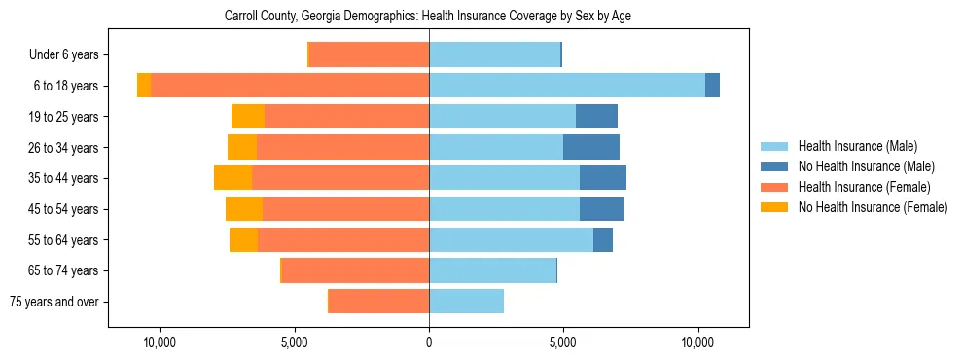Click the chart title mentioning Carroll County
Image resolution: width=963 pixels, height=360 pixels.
click(x=428, y=17)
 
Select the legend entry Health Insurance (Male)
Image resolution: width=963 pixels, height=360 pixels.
click(x=857, y=147)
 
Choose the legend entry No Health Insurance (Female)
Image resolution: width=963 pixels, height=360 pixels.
click(x=873, y=206)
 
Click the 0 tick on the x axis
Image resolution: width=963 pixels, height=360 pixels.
click(x=429, y=342)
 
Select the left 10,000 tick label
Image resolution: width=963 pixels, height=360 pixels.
click(x=159, y=342)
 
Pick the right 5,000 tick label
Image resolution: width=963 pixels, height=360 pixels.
click(x=563, y=342)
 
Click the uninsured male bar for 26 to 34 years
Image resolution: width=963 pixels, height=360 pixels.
click(x=591, y=147)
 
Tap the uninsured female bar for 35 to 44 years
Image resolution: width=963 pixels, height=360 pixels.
click(x=232, y=178)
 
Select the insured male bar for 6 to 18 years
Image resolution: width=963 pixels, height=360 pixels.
click(x=567, y=86)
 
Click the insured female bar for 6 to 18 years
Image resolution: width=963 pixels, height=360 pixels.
click(x=290, y=86)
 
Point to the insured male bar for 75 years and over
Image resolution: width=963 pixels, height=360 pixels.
click(x=466, y=302)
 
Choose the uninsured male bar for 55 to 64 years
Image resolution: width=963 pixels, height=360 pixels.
click(x=603, y=239)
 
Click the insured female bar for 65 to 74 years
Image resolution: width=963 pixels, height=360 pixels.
click(x=355, y=270)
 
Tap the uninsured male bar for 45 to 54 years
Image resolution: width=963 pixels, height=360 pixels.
click(x=601, y=209)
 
